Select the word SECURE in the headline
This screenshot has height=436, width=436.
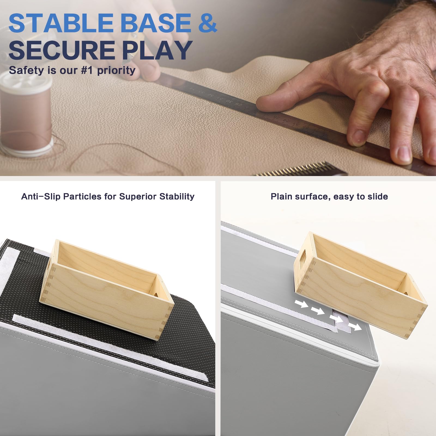62,50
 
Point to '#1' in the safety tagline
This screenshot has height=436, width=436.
87,70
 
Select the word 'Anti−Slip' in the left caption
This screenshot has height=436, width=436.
41,196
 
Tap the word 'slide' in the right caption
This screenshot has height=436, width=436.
378,196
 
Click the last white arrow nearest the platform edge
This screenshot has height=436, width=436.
355,326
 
